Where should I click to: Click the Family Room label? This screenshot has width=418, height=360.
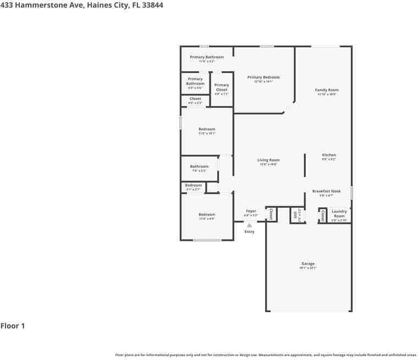(x=326, y=90)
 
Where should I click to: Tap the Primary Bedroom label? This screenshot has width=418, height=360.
(x=263, y=77)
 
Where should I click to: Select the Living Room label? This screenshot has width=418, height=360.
(x=268, y=160)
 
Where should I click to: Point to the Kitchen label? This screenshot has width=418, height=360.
(x=328, y=155)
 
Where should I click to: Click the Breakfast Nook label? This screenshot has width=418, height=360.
(x=326, y=191)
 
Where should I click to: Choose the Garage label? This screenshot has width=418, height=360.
(x=307, y=264)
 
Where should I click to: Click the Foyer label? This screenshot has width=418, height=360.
(x=251, y=211)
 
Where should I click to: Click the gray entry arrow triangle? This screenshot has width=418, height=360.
(x=249, y=225)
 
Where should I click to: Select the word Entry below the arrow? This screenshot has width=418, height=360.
(x=249, y=231)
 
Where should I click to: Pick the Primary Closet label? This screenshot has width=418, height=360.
(x=222, y=87)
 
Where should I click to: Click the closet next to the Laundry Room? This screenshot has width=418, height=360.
(x=323, y=215)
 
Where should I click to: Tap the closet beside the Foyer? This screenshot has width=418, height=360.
(x=271, y=214)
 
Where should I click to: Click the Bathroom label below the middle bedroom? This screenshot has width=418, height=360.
(x=199, y=167)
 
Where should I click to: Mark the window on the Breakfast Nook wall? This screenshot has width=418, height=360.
(x=351, y=192)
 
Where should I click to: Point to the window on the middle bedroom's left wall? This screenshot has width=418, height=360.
(x=180, y=123)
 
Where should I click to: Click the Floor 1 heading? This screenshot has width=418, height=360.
(x=13, y=326)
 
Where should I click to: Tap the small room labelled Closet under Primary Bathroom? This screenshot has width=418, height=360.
(x=195, y=99)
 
